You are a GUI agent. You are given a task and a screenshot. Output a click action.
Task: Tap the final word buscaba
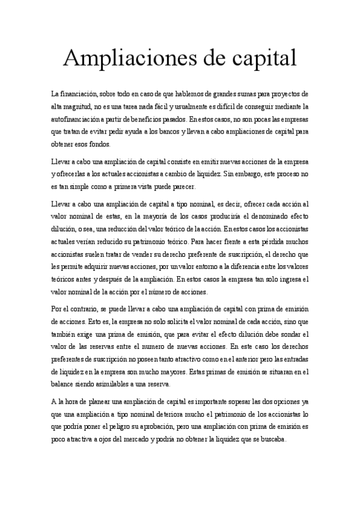click(x=270, y=439)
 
